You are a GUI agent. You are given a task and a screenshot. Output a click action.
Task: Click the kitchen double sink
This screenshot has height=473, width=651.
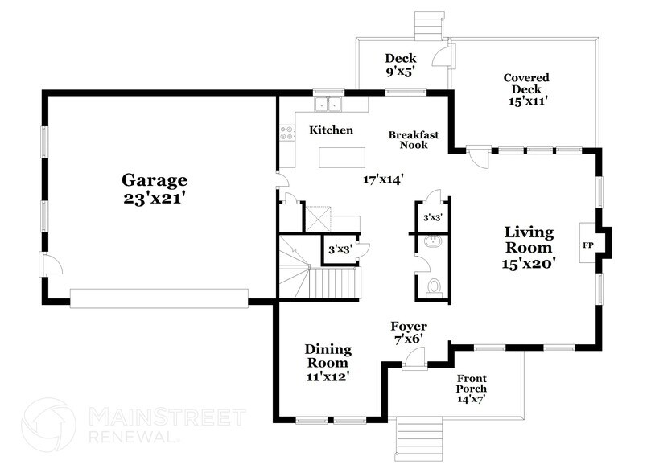pos(328,104)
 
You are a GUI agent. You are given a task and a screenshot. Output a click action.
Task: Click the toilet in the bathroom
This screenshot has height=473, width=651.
pos(435,286)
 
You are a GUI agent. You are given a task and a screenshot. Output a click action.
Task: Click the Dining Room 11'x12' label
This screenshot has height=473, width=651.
pos(328,361)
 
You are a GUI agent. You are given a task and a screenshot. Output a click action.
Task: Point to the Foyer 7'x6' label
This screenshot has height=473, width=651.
pos(409,332)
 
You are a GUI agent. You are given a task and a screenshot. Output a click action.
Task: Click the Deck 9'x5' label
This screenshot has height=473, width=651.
pos(400,64)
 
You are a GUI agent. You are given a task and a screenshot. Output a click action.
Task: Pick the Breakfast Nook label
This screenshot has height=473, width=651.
pos(414,140)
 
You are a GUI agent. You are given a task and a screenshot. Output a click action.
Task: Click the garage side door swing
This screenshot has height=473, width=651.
pos(50,264)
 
